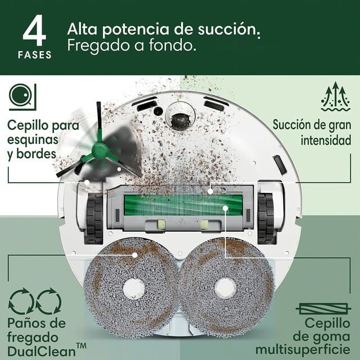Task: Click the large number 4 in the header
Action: pyautogui.click(x=34, y=33)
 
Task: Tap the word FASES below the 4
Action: pyautogui.click(x=34, y=55)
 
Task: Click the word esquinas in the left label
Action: pyautogui.click(x=33, y=139)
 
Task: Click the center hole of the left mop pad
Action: pyautogui.click(x=133, y=289)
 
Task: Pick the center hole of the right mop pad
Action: pyautogui.click(x=226, y=288)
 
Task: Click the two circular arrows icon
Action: pyautogui.click(x=35, y=301)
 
